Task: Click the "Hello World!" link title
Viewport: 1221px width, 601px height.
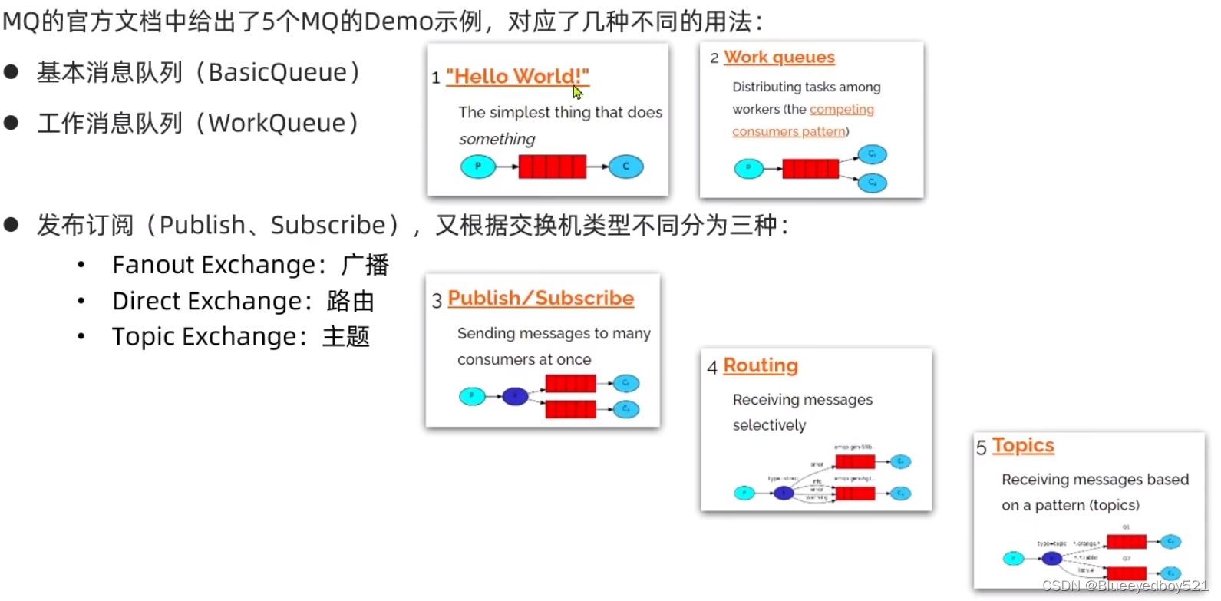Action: tap(517, 76)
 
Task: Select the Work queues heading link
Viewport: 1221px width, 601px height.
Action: tap(779, 58)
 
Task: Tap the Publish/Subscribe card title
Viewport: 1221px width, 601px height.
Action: tap(540, 298)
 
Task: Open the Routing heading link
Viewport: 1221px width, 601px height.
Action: tap(761, 365)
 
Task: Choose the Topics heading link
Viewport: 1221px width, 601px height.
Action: tap(1023, 446)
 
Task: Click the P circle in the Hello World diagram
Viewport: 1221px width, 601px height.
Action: tap(478, 167)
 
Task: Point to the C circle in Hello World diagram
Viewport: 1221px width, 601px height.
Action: tap(625, 167)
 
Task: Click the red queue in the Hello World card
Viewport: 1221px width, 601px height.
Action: tap(553, 167)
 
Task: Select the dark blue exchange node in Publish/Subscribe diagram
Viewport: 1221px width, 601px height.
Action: tap(515, 397)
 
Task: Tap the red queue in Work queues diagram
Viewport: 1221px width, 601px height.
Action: tap(810, 169)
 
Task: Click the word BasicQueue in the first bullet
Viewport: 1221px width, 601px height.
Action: tap(278, 72)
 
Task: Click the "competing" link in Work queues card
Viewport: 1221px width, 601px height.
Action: tap(841, 110)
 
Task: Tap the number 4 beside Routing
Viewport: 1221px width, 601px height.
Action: tap(712, 368)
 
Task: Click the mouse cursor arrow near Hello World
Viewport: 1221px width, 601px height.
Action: tap(577, 92)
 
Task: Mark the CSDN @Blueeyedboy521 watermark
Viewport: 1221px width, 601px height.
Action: tap(1124, 586)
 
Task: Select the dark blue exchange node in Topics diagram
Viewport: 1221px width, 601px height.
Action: tap(1051, 558)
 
